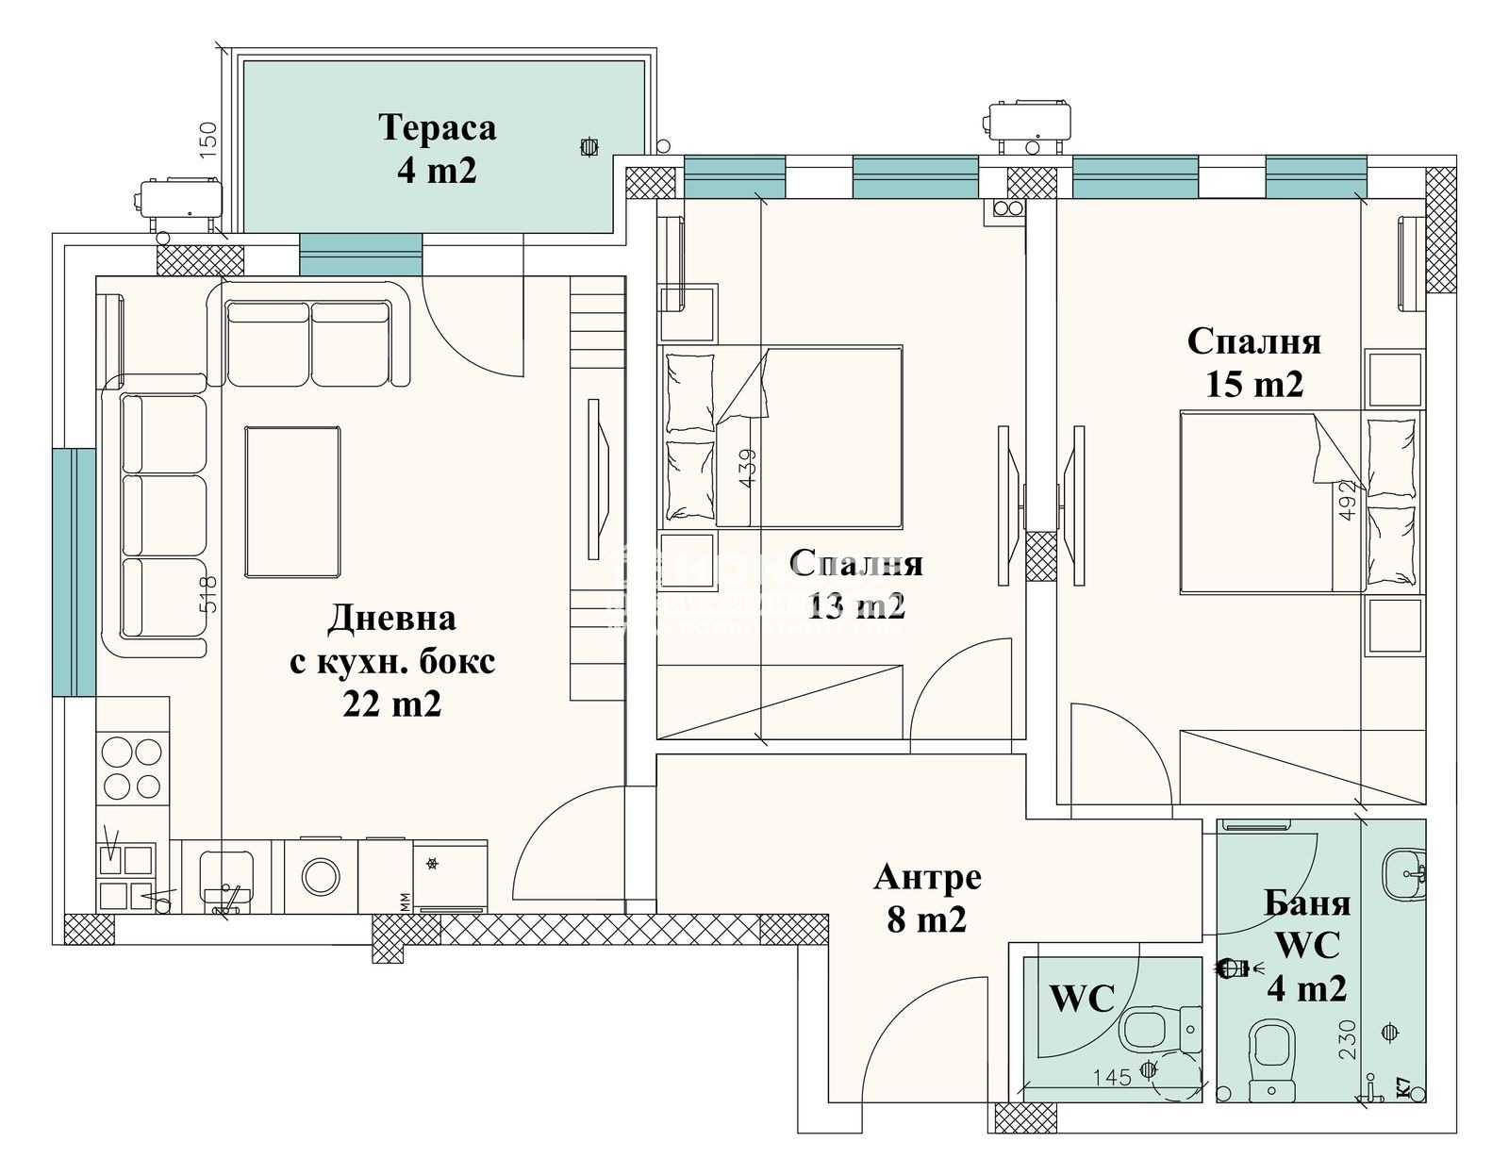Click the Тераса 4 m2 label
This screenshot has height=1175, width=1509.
point(437,149)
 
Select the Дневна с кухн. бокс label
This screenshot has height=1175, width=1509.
point(391,661)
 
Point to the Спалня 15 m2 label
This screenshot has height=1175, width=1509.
point(1253,362)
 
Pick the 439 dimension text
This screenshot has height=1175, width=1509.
point(746,468)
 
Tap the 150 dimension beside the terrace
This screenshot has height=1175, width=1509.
point(209,140)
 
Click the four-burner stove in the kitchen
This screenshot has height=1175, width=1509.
point(132,769)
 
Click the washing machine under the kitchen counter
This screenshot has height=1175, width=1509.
point(322,875)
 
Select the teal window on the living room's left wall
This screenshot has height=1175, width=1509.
point(74,571)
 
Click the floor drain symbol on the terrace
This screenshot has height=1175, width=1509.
point(589,147)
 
